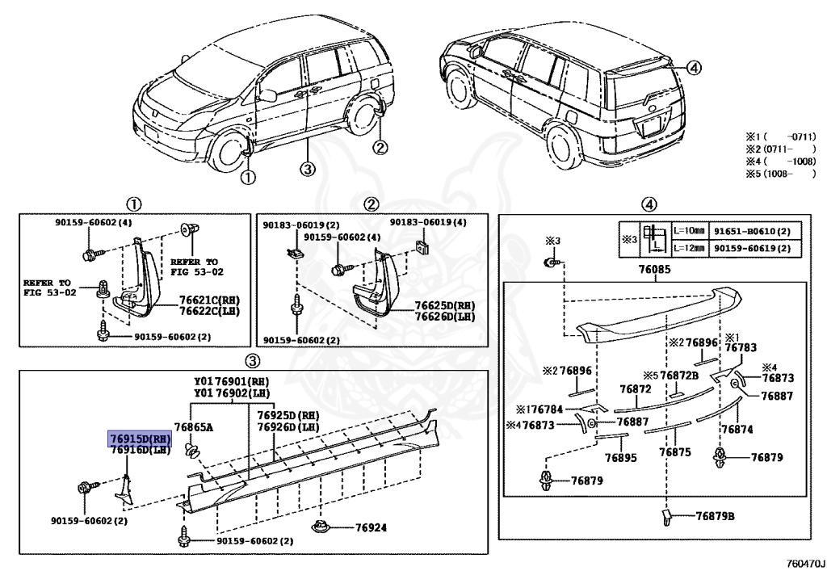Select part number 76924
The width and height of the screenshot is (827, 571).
371,528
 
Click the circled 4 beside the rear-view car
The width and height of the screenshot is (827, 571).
695,68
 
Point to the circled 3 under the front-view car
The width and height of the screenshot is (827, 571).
306,168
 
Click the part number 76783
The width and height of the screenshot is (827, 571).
741,347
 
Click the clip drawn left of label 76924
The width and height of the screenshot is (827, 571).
322,528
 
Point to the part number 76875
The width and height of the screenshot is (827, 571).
674,452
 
